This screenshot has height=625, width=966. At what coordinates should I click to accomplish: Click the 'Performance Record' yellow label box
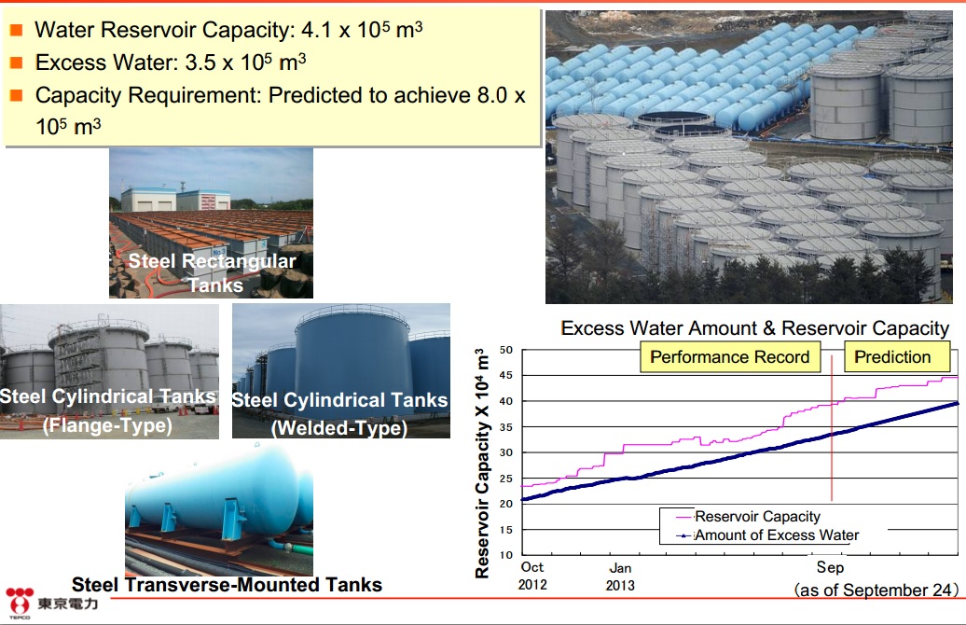(730, 357)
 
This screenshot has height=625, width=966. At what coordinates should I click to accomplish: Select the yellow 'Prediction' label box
(892, 357)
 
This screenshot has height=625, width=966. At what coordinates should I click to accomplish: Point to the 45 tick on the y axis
(505, 375)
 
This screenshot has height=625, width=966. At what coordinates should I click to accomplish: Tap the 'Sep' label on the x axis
(830, 567)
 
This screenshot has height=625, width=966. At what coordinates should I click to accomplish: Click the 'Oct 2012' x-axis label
(532, 576)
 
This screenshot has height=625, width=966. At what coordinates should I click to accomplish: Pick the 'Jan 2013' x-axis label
(620, 576)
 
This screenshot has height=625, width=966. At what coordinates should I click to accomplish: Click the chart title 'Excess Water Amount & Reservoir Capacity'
(754, 328)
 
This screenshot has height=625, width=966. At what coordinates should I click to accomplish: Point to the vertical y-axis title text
(482, 463)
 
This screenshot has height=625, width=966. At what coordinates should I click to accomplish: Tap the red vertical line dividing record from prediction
(832, 428)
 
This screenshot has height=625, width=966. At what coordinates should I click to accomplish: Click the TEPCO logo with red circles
(19, 602)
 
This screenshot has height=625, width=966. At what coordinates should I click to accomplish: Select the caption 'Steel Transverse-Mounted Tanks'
(227, 584)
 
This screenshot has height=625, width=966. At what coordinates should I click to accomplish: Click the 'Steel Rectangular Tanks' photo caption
(213, 272)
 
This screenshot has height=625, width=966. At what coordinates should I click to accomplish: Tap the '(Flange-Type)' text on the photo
(107, 424)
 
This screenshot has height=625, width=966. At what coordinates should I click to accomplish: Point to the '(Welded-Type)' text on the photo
(339, 428)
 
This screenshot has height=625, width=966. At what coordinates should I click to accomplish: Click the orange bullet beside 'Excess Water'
(17, 62)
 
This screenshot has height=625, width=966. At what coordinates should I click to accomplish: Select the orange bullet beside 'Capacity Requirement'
(17, 95)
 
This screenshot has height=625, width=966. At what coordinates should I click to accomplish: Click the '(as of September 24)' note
(876, 590)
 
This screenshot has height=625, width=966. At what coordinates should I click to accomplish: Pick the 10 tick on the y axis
(505, 555)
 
